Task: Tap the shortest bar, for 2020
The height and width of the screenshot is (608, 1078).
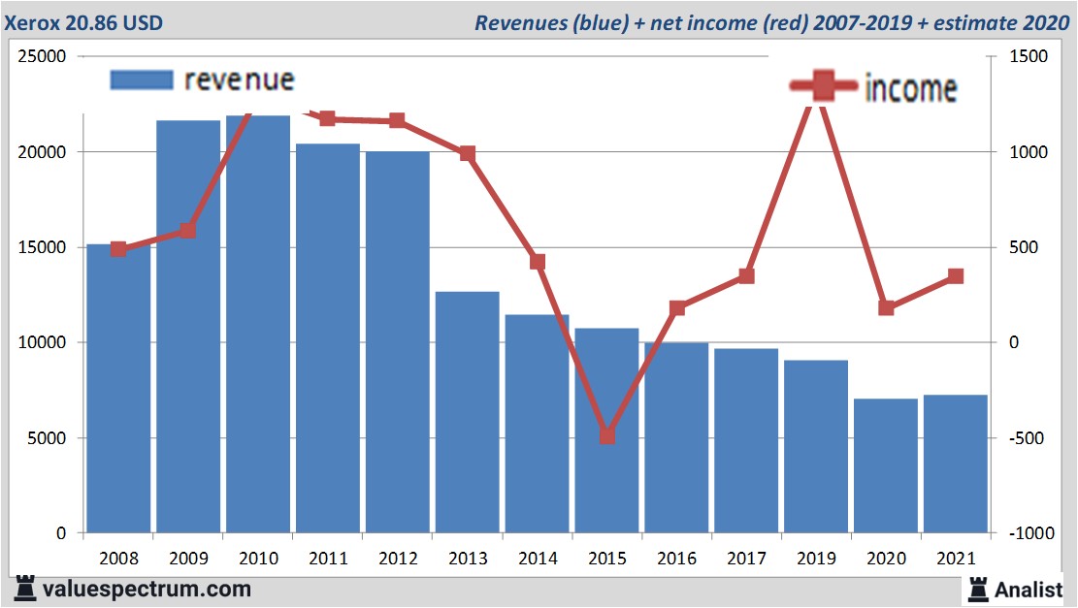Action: point(885,465)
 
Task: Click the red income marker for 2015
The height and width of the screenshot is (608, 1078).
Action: point(607,435)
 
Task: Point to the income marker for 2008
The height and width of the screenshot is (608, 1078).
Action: point(118,249)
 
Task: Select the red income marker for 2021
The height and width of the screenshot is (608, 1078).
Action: point(956,276)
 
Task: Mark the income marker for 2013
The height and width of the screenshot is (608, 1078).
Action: point(468,153)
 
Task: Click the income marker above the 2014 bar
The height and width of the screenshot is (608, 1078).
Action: point(538,262)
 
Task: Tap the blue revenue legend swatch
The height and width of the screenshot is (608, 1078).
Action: point(142,80)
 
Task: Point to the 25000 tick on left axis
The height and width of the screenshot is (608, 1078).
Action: point(42,57)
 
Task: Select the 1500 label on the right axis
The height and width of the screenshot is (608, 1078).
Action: point(1028,57)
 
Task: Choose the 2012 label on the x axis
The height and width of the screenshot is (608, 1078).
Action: point(398,559)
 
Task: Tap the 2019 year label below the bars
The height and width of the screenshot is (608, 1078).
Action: point(816,559)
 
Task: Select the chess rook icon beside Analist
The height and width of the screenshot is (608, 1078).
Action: point(977,589)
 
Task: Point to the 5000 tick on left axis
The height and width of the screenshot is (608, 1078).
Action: point(46,438)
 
